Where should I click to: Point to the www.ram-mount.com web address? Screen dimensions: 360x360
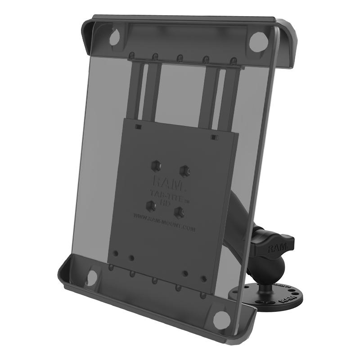point(164,223)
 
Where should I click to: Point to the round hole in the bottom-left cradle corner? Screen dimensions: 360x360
point(94,277)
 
